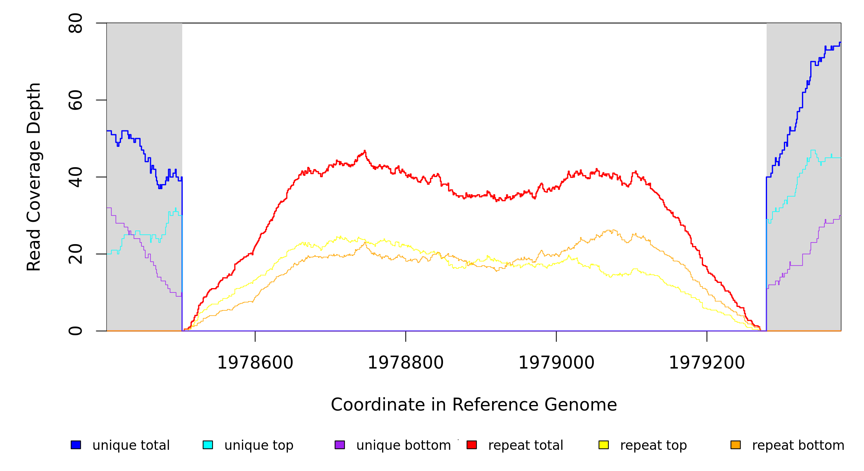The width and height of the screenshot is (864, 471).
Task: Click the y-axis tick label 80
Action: coord(75,23)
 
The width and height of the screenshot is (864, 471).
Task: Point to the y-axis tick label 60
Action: coord(75,100)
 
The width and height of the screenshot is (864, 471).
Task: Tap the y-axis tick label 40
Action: coord(75,177)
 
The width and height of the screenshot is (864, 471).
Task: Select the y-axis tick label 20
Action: coord(75,254)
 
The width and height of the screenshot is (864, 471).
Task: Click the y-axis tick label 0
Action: coord(75,331)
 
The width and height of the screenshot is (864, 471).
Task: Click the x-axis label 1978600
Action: coord(255,363)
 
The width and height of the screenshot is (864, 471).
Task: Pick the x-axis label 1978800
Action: coord(406,363)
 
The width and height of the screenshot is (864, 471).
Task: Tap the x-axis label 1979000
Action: coord(556,363)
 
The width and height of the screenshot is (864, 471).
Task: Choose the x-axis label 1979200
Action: coord(707,363)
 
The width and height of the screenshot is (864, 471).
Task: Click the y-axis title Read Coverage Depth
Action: coord(34,177)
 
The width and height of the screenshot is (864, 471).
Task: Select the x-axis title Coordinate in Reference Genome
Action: coord(474,405)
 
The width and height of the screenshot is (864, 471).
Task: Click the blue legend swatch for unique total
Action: coord(76,445)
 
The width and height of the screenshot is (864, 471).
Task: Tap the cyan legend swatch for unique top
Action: coord(208,445)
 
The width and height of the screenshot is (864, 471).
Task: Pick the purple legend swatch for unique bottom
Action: coord(340,445)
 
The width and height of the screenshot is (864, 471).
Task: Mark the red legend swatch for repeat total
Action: coord(472,445)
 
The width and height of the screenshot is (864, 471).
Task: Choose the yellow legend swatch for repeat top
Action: coord(604,445)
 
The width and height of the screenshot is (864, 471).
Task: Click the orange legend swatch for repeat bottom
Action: coord(736,445)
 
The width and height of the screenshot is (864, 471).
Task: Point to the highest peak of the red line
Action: coord(365,151)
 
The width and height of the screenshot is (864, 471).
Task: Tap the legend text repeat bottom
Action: coord(798,445)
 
